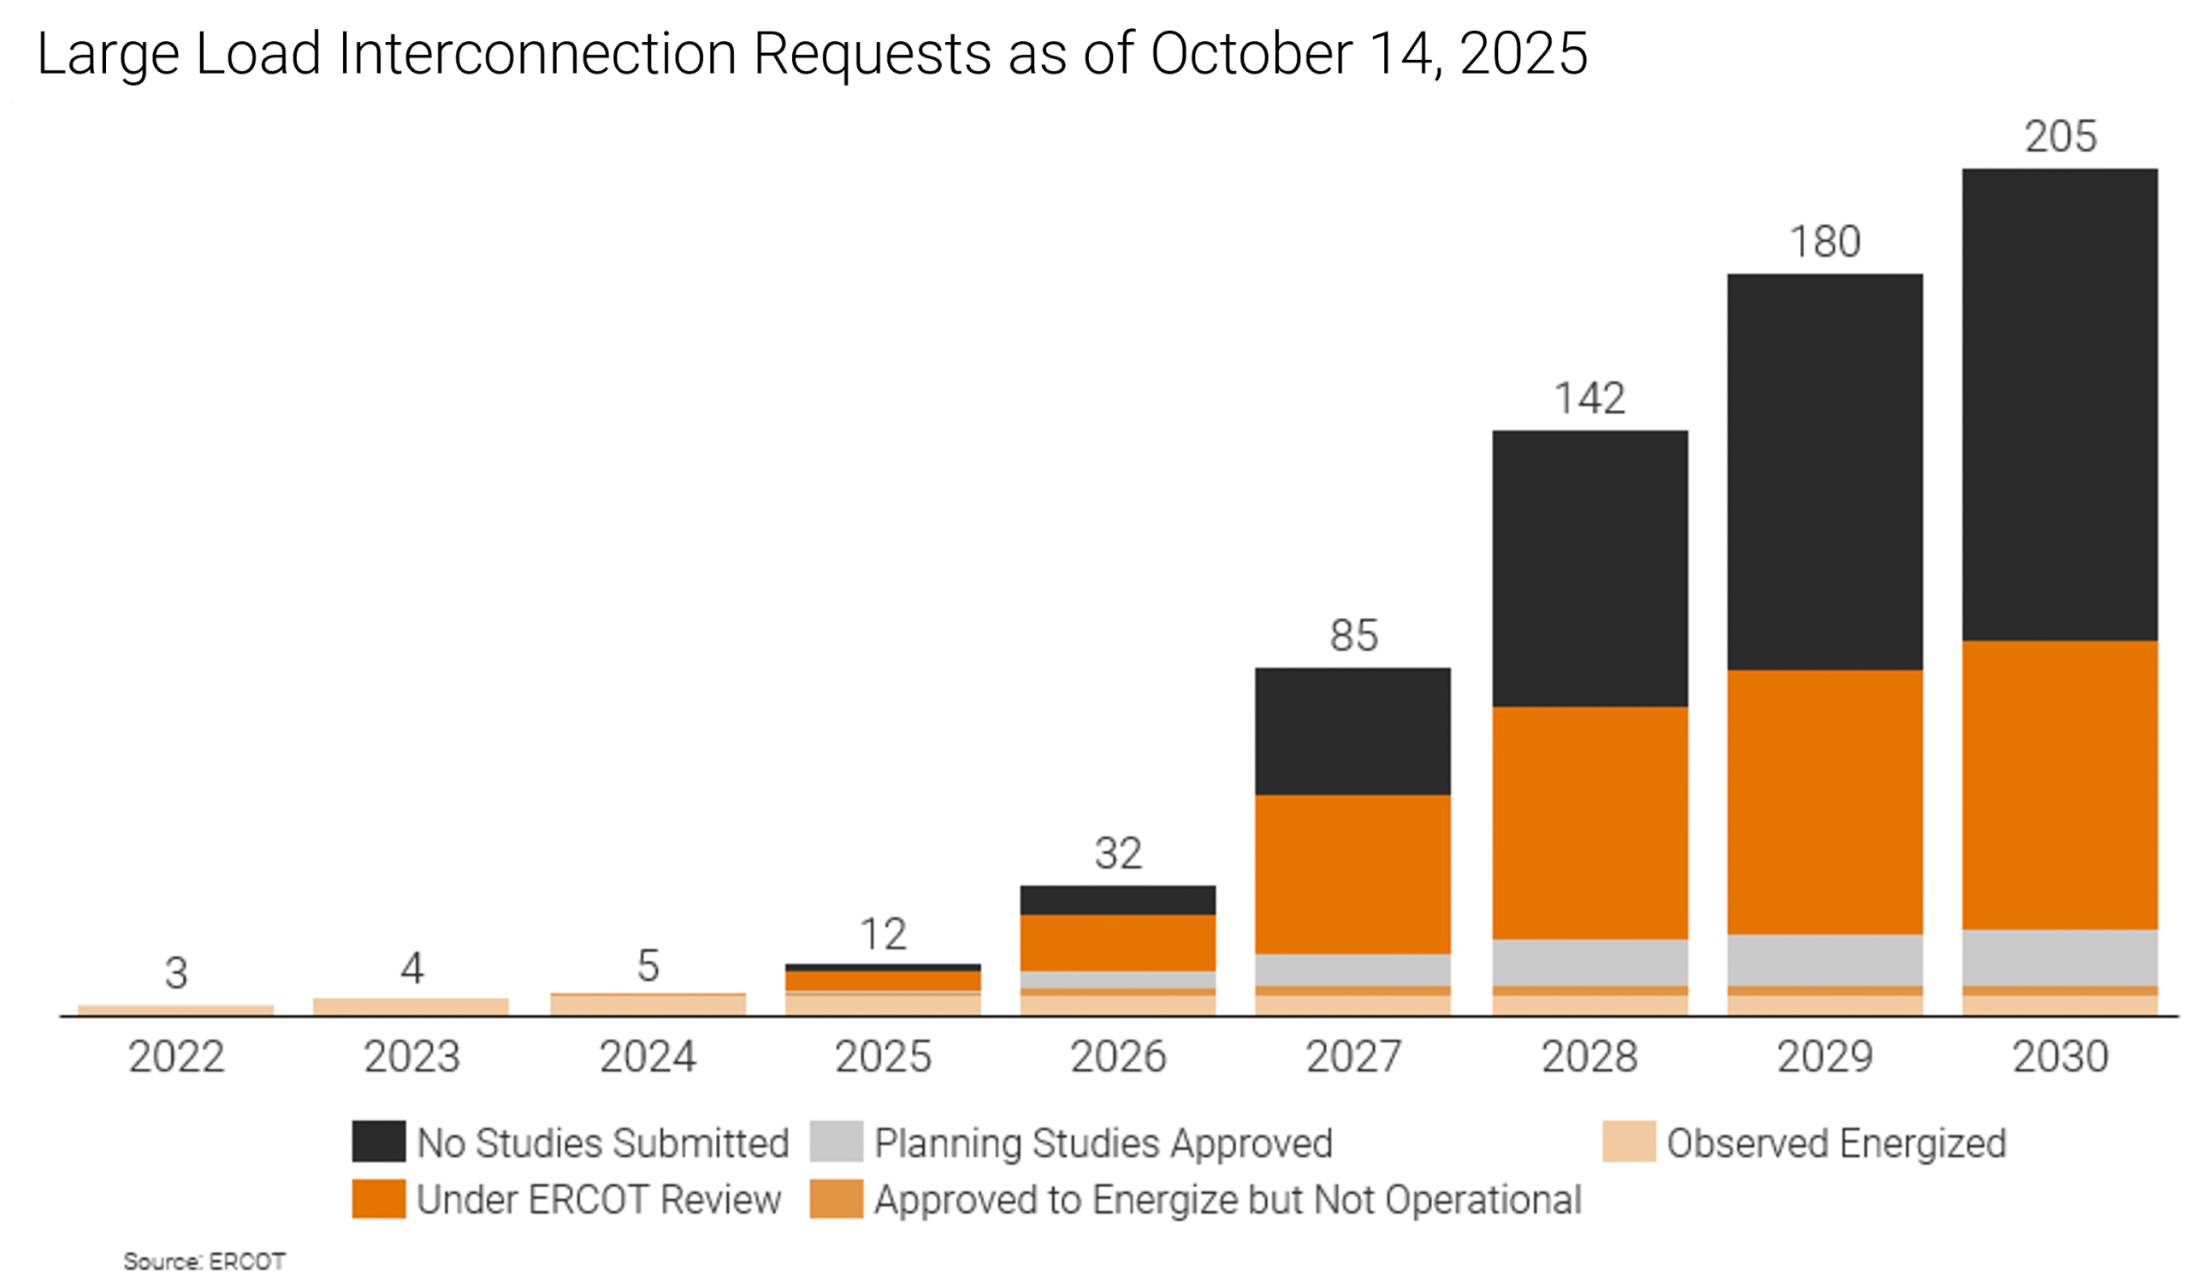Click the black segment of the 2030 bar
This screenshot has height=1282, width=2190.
(2060, 404)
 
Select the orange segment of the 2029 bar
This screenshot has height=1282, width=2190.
(1825, 801)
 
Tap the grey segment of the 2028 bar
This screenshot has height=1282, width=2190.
(1590, 962)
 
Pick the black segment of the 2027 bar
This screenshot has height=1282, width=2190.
(1353, 731)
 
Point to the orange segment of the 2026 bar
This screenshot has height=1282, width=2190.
(1117, 942)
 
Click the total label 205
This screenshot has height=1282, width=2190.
(2061, 136)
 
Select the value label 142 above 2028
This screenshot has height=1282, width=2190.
(1589, 398)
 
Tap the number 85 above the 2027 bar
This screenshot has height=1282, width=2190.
(1353, 635)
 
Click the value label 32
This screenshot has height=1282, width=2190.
(1117, 853)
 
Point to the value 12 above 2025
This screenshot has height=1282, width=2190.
(883, 935)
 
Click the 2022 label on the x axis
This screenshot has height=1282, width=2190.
(176, 1057)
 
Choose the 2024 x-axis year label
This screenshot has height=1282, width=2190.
(648, 1057)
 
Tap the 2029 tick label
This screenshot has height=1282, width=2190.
(1825, 1057)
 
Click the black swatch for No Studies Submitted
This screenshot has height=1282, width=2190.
(378, 1141)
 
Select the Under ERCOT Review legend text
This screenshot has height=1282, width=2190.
(599, 1200)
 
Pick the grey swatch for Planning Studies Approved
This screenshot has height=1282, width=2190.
(836, 1141)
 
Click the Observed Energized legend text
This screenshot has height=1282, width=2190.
(1837, 1143)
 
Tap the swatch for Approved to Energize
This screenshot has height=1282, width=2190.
(836, 1199)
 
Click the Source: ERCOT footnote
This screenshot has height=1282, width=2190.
(204, 1261)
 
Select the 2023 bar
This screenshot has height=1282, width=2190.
(411, 1006)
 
